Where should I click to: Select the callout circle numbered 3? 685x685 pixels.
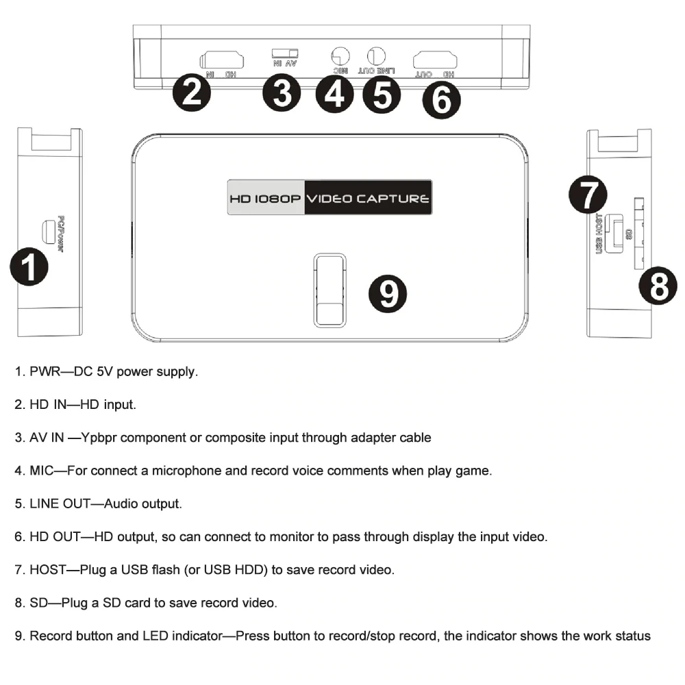pyautogui.click(x=281, y=93)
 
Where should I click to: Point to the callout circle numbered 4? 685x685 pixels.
pyautogui.click(x=334, y=94)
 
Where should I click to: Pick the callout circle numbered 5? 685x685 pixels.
pyautogui.click(x=382, y=95)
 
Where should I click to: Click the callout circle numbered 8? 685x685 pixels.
pyautogui.click(x=659, y=286)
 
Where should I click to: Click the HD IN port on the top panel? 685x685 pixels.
pyautogui.click(x=221, y=59)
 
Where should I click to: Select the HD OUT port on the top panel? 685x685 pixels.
pyautogui.click(x=435, y=59)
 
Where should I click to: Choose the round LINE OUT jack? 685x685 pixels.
pyautogui.click(x=377, y=55)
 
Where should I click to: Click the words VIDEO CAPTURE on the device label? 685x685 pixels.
pyautogui.click(x=369, y=199)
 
